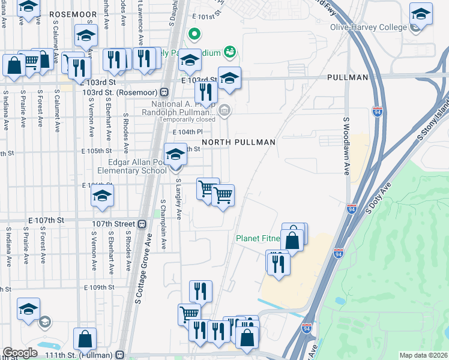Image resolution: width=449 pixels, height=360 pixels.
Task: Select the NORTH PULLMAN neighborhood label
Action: [x=238, y=142]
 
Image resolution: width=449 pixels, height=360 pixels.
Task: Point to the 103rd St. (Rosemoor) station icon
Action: [x=164, y=93]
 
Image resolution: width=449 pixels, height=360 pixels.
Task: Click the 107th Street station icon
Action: [x=142, y=224]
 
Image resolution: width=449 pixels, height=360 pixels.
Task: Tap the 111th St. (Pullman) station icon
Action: [x=121, y=354]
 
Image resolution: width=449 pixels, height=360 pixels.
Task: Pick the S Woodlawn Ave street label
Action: [x=346, y=146]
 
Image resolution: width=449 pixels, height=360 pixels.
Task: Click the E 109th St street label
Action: [x=98, y=288]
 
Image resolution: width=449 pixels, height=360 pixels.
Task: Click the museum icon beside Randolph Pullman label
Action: [x=224, y=110]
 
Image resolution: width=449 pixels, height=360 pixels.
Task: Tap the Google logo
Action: [x=20, y=353]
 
